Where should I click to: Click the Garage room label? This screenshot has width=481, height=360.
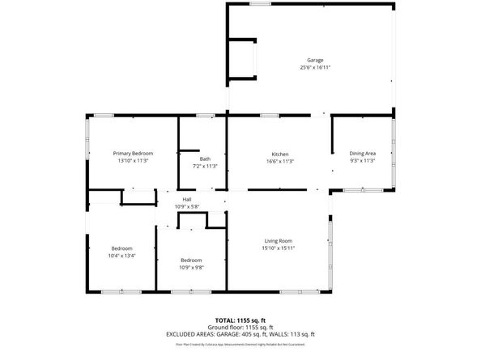tap(315, 61)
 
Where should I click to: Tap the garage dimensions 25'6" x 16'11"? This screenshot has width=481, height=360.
tap(315, 68)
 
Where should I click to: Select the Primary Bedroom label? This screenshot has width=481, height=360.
tap(133, 153)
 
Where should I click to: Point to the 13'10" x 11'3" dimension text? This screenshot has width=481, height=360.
tap(133, 160)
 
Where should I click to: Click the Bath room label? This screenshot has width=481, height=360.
tap(205, 159)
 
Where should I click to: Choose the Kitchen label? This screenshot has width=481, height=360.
tap(280, 154)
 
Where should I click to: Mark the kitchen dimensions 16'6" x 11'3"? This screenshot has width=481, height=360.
tap(280, 161)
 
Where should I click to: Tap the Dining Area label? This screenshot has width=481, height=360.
tap(362, 153)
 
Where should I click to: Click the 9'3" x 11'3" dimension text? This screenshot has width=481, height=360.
tap(362, 160)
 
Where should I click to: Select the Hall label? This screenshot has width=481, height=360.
tap(186, 199)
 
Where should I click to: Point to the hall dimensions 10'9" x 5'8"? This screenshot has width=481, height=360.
tap(186, 206)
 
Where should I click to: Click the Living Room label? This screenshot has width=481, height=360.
tap(278, 240)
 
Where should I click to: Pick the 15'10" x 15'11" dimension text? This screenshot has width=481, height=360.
tap(278, 248)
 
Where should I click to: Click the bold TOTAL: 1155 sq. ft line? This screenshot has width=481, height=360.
tap(240, 321)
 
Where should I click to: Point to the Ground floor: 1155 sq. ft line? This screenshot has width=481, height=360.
tap(240, 328)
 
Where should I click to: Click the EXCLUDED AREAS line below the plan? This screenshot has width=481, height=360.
tap(240, 334)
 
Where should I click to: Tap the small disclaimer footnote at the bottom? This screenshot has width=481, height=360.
tap(240, 344)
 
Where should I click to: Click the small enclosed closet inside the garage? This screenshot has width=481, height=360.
tap(242, 58)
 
